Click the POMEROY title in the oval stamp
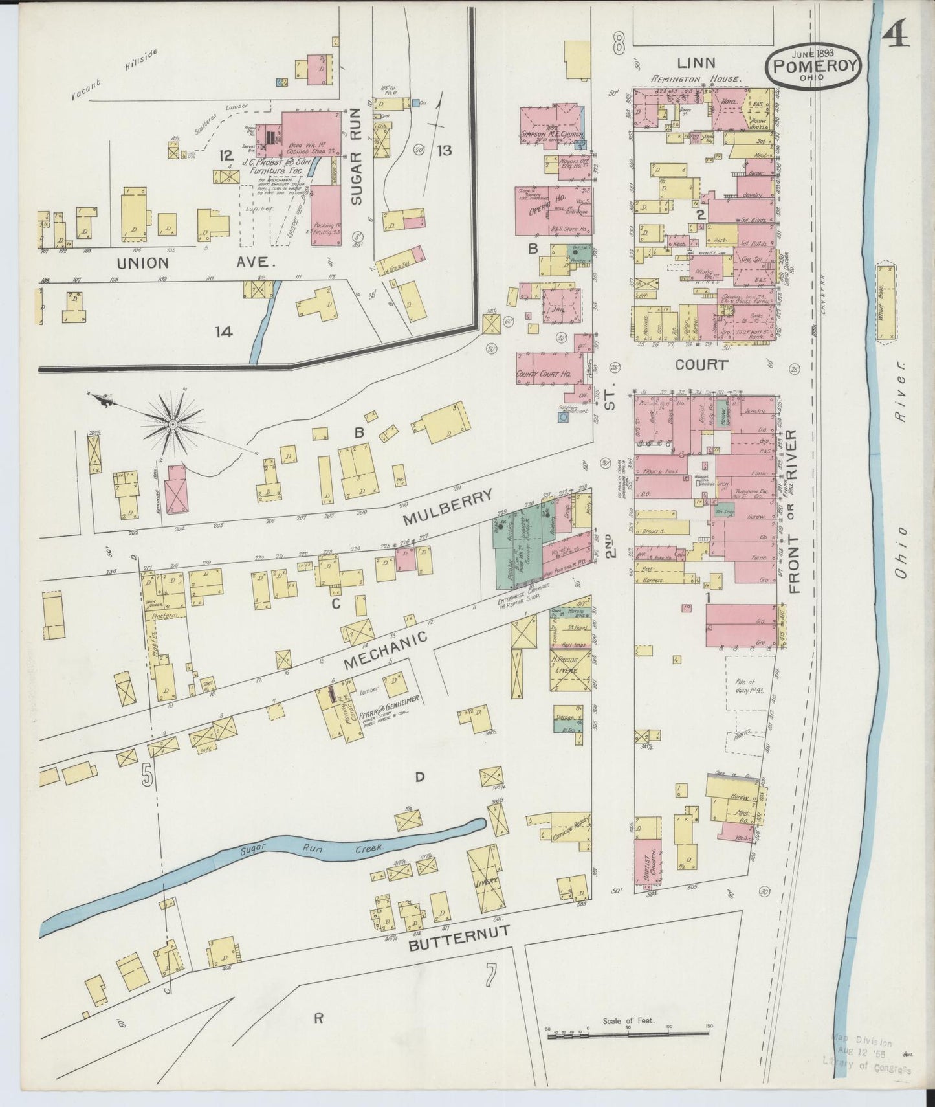[814, 65]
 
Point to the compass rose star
[173, 425]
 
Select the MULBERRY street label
[447, 507]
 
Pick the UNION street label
[143, 263]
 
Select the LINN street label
[696, 63]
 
